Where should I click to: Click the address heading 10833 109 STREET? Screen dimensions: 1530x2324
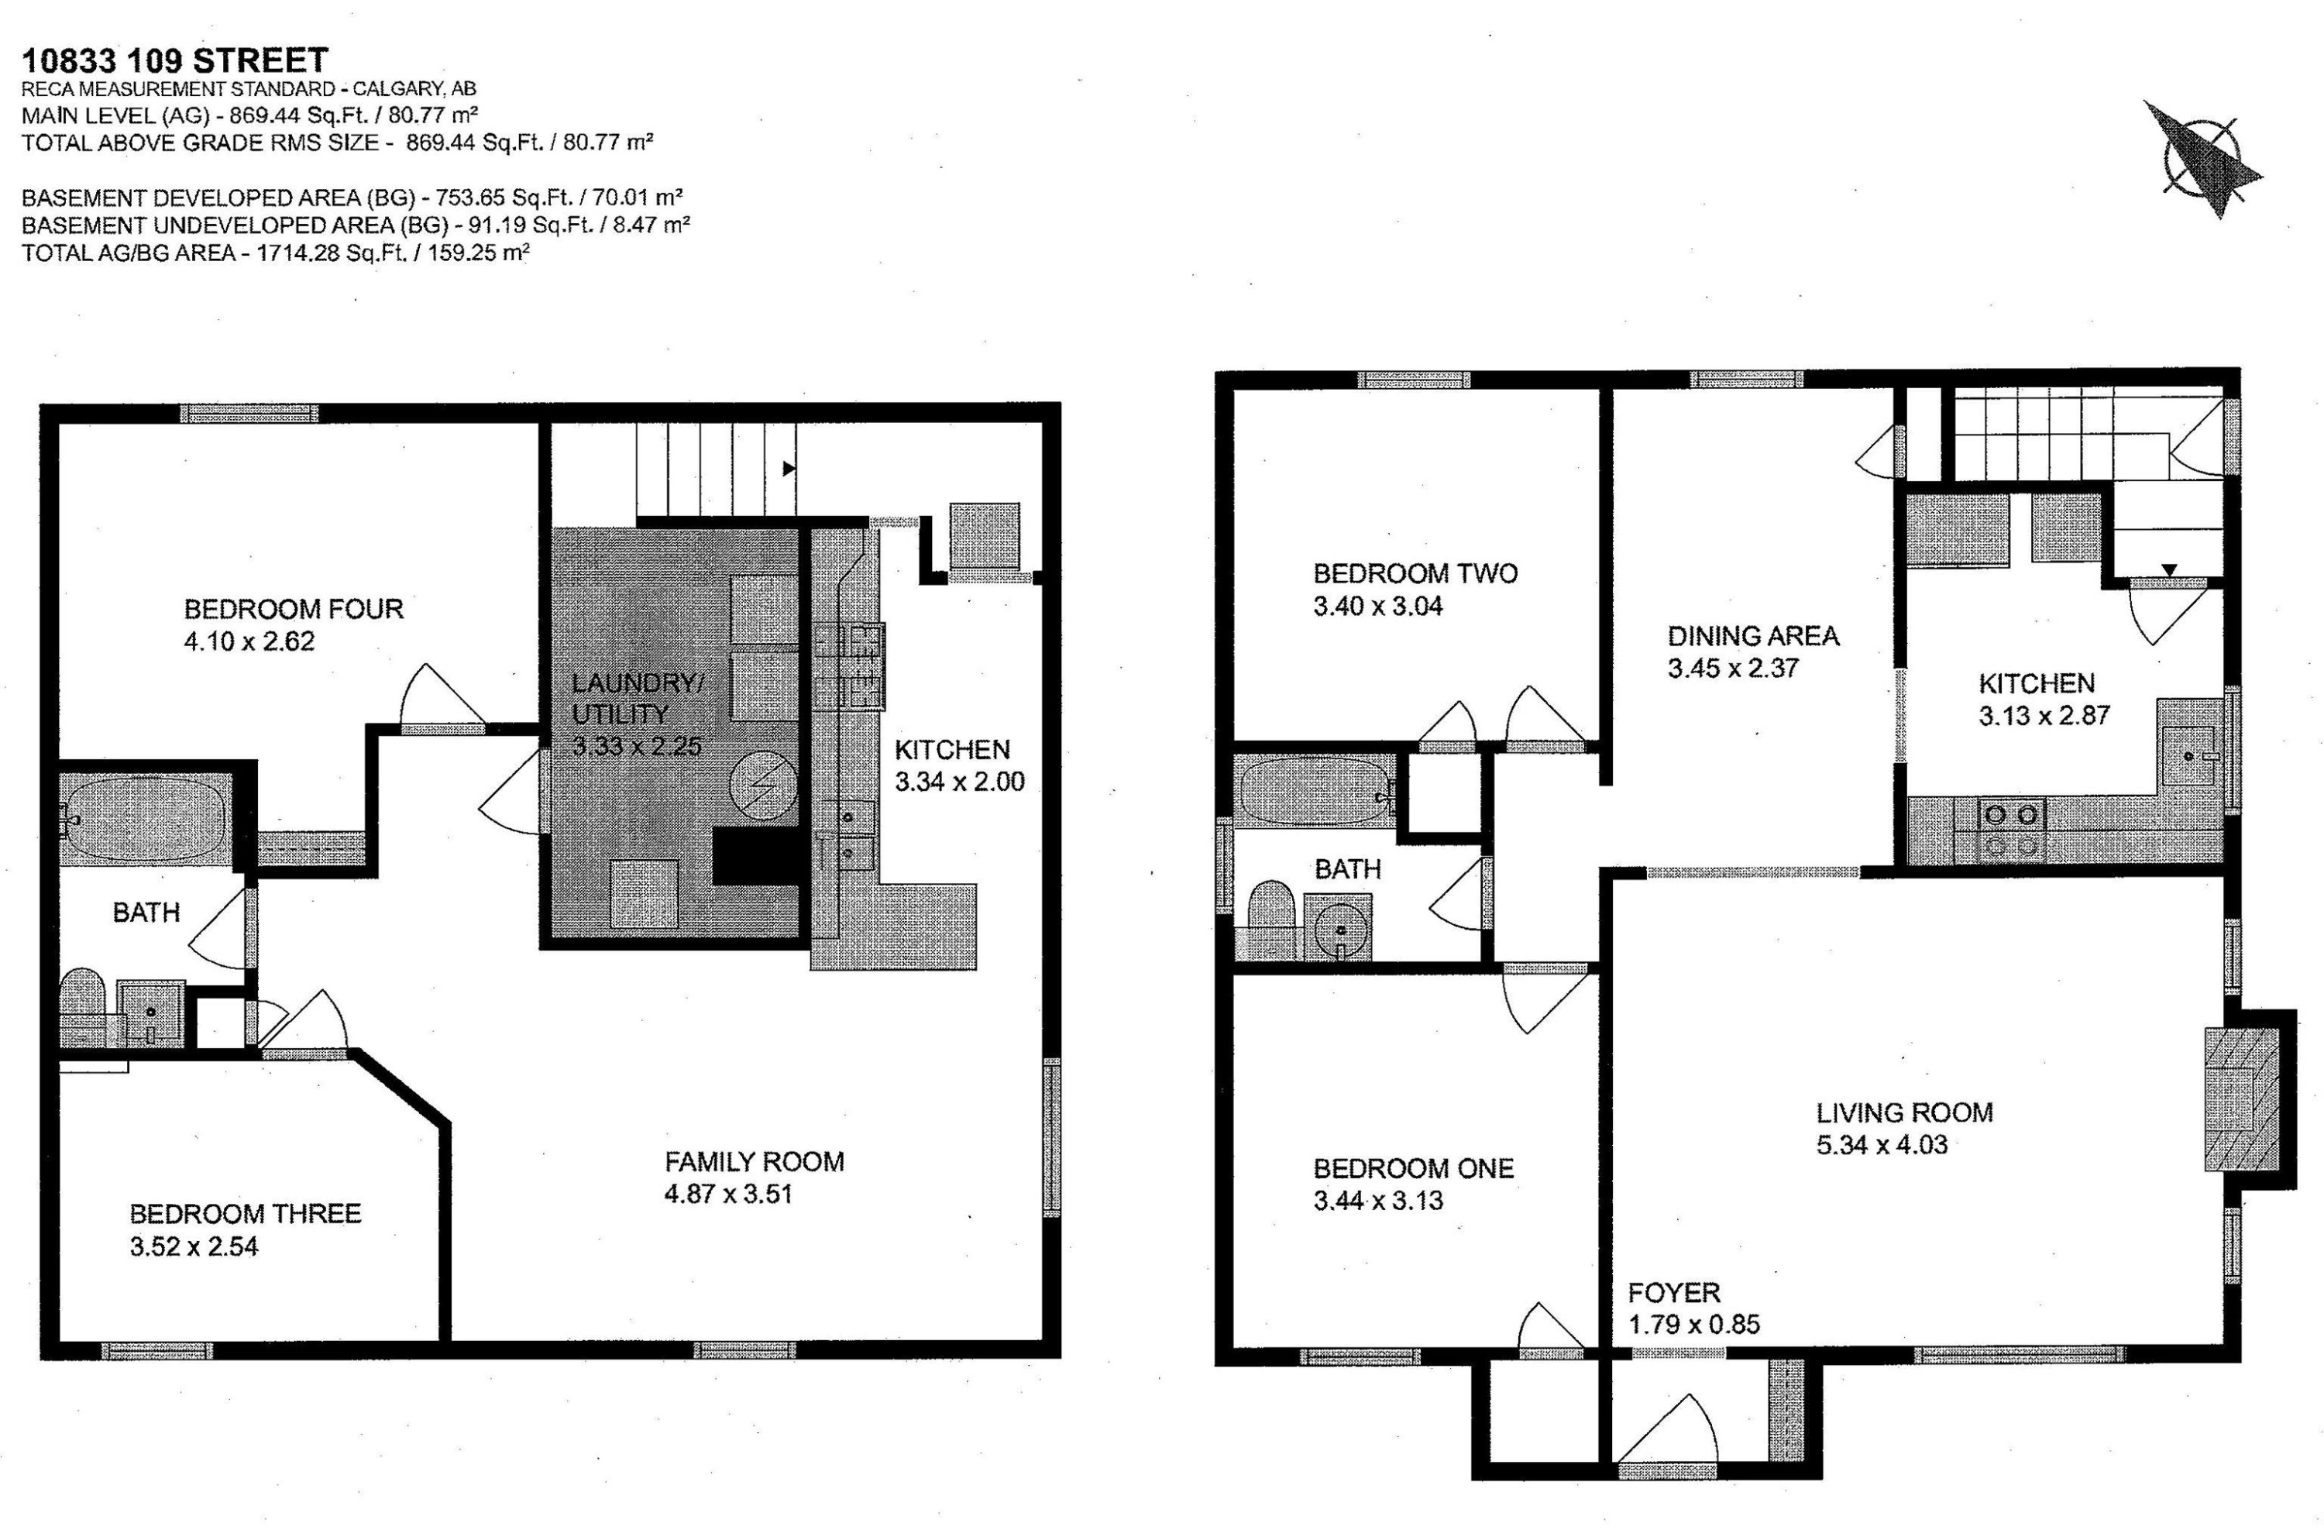(x=175, y=60)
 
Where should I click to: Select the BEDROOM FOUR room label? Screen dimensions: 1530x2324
(x=293, y=609)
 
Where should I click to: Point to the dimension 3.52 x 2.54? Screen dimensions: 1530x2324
(x=194, y=1246)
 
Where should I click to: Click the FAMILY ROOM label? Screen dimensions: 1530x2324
(x=754, y=1162)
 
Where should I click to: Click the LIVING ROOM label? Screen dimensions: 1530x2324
(x=1904, y=1112)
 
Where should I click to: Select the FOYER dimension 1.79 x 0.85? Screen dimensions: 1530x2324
(x=1693, y=1325)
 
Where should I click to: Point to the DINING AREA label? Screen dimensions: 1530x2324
(x=1753, y=637)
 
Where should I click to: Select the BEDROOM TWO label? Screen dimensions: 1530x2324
(x=1415, y=573)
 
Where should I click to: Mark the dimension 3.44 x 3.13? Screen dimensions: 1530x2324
(x=1378, y=1201)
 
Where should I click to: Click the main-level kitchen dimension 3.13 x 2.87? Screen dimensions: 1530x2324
(x=2044, y=716)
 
